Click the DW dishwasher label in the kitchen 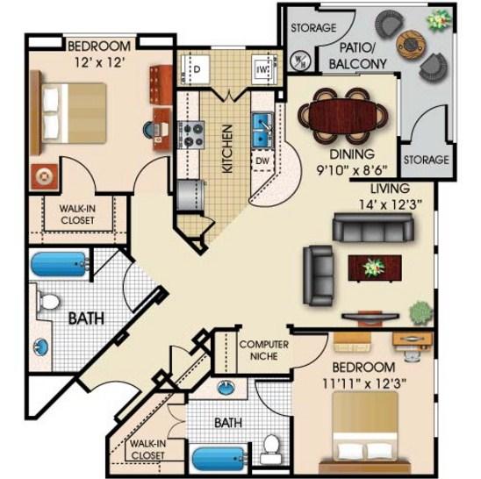click(x=262, y=161)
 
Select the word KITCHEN click(x=227, y=149)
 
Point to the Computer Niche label click(x=264, y=350)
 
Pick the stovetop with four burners click(x=191, y=134)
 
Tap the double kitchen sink click(x=262, y=131)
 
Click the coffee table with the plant click(x=375, y=268)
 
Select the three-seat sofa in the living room click(x=373, y=227)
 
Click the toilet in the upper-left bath click(x=48, y=301)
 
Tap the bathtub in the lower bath click(x=219, y=459)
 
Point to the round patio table click(x=410, y=45)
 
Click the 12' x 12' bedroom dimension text click(x=99, y=62)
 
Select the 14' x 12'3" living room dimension click(x=391, y=204)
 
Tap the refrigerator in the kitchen click(x=190, y=196)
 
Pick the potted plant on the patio click(x=440, y=20)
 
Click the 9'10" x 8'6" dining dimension click(x=352, y=169)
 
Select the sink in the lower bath click(x=226, y=388)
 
